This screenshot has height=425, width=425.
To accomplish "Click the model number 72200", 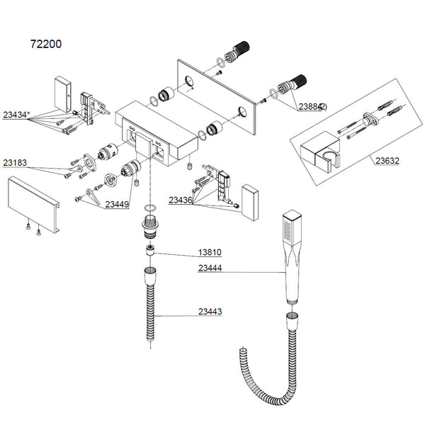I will point(46,44).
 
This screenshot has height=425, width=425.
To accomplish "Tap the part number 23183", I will point(16,162).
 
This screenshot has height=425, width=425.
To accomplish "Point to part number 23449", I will point(117,204).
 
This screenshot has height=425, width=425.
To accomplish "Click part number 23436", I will point(181,200).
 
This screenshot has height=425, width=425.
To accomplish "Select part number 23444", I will point(210,269).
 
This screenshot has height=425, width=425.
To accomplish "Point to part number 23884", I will point(310,106).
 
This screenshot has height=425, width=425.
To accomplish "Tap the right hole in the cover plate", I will point(243,110).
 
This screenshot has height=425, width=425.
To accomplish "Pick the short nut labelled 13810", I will point(151,249).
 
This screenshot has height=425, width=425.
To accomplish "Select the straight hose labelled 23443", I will point(151,305).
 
